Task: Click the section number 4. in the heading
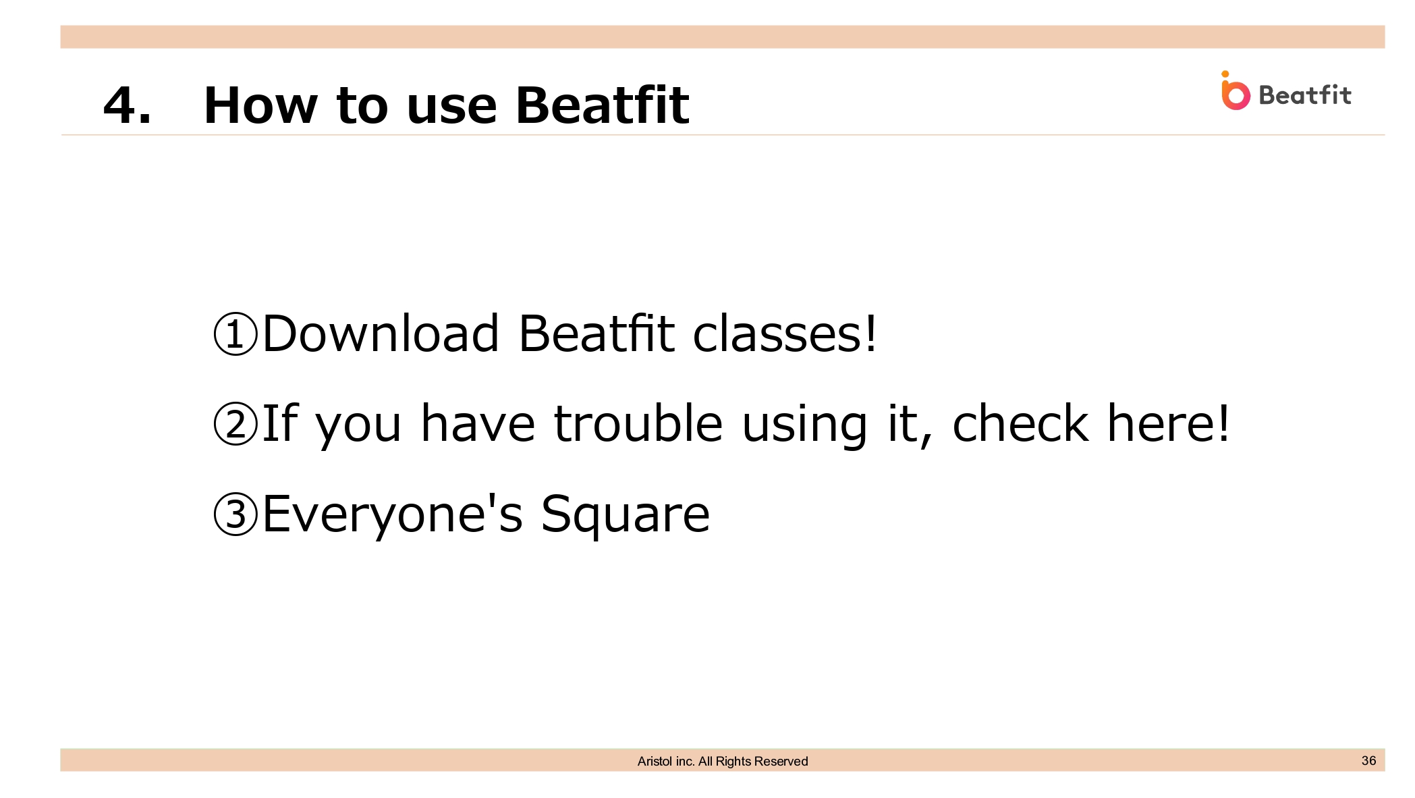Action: click(x=127, y=106)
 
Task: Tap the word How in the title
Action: click(x=260, y=106)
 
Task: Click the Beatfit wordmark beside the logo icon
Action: click(x=1305, y=95)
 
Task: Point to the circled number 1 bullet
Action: click(x=235, y=334)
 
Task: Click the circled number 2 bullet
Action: click(x=235, y=423)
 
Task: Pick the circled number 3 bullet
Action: click(x=235, y=514)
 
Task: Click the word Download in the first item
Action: click(x=381, y=333)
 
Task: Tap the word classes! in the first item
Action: click(x=785, y=333)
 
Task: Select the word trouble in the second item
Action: click(x=638, y=423)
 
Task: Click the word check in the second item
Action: click(x=1020, y=423)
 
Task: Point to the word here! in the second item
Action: click(x=1169, y=423)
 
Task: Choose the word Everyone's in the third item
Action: click(x=393, y=514)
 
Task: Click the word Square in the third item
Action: click(x=626, y=514)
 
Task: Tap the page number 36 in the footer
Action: click(x=1368, y=760)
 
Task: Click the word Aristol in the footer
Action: click(x=655, y=762)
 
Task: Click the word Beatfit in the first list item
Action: click(x=596, y=333)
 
